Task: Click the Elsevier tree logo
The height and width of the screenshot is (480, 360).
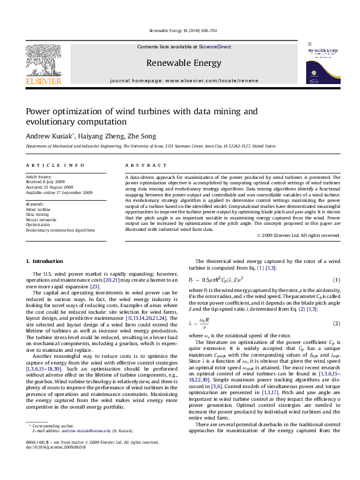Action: click(43, 59)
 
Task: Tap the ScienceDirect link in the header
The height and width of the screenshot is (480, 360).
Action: click(215, 46)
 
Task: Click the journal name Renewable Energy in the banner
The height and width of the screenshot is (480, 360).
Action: click(184, 62)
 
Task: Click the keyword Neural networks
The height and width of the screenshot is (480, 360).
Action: click(41, 219)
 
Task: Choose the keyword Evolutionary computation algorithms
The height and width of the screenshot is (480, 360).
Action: click(60, 230)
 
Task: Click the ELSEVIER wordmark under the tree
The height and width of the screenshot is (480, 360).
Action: click(43, 80)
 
